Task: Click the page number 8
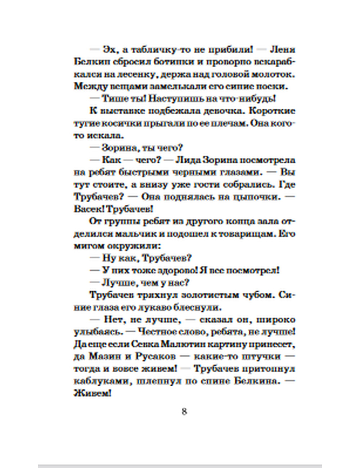[x=184, y=411]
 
